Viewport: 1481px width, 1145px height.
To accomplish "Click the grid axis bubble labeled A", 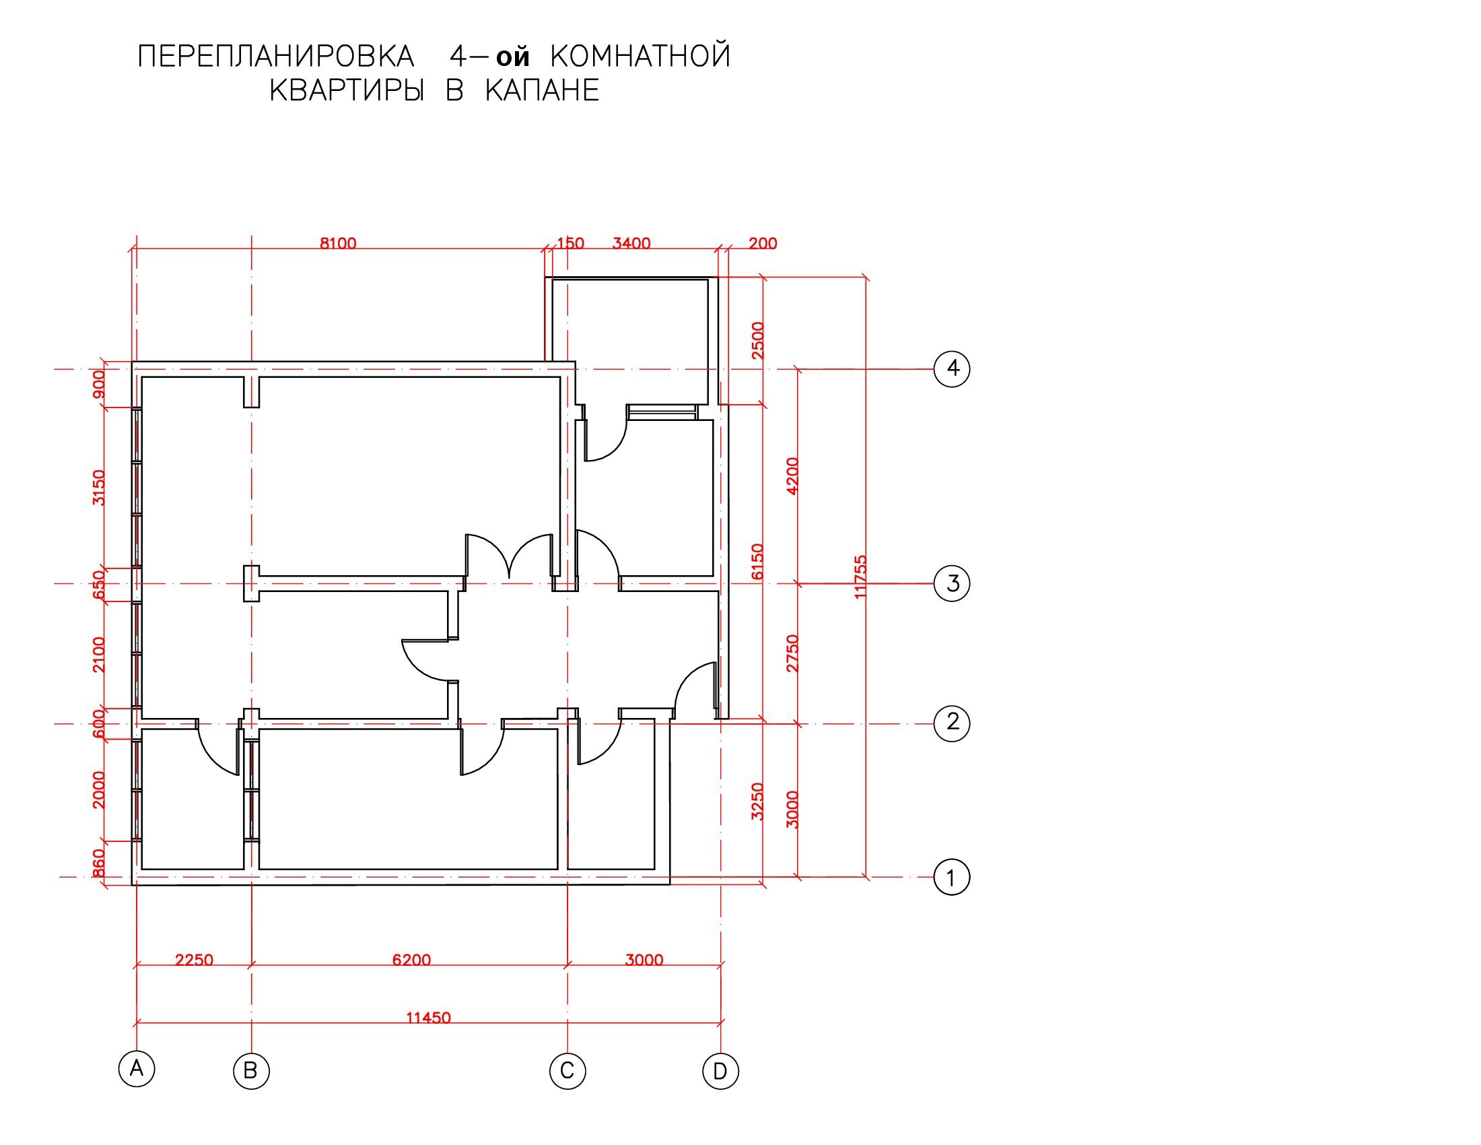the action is click(136, 1069).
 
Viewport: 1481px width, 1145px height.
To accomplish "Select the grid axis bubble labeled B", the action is click(251, 1071).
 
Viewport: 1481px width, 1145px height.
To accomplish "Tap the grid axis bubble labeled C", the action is click(567, 1071).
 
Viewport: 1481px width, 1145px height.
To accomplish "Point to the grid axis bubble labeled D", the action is click(720, 1071).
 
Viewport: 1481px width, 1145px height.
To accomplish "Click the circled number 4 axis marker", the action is click(952, 369).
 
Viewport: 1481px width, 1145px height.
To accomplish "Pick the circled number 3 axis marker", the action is click(952, 583).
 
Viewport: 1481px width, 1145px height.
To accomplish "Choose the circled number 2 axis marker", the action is click(952, 723).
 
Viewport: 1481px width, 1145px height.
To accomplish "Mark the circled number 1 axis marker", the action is click(952, 878).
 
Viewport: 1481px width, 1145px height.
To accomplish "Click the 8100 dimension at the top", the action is click(338, 243).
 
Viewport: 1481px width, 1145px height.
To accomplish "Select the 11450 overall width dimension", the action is click(428, 1018).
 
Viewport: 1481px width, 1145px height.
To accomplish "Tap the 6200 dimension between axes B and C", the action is click(411, 960).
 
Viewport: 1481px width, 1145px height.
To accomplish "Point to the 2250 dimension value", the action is click(194, 960).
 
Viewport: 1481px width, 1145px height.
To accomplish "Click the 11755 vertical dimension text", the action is click(860, 577).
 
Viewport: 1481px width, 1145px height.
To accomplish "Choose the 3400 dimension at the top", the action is click(631, 243).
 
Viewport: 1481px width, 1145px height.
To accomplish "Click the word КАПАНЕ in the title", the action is click(543, 90).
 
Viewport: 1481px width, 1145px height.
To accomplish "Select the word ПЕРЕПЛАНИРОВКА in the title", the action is click(275, 56).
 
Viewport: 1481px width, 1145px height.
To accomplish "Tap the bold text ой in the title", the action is click(513, 57).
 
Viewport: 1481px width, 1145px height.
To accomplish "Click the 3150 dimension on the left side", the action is click(99, 487).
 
